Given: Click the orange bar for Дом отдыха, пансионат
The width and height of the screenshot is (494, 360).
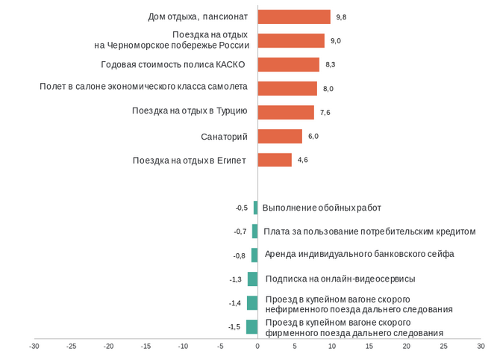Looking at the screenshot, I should [293, 17].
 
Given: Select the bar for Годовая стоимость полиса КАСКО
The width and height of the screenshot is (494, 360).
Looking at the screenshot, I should [288, 65].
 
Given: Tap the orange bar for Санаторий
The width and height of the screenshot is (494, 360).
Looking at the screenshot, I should [280, 136].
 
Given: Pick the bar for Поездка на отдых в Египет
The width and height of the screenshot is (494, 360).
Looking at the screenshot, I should [275, 160].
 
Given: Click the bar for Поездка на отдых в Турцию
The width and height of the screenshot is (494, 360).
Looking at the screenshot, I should [286, 113].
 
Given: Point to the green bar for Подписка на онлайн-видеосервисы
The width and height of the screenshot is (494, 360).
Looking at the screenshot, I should [253, 279].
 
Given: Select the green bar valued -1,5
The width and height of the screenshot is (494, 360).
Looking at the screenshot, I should [252, 327].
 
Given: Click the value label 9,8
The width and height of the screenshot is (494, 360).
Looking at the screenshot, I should [342, 17].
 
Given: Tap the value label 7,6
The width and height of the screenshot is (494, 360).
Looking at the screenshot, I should [325, 113].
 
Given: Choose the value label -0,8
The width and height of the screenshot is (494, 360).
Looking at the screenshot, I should [239, 255].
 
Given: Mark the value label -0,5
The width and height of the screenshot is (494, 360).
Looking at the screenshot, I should [241, 208].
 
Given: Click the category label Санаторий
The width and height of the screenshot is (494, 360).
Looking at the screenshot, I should [224, 137].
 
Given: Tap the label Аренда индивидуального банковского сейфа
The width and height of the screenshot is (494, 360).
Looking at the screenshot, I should [359, 254].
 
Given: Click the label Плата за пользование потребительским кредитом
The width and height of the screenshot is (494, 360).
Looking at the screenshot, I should [369, 232].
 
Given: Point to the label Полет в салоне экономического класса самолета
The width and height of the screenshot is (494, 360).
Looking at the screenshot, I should [143, 87].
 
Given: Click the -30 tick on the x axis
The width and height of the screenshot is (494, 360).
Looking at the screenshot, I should [34, 347].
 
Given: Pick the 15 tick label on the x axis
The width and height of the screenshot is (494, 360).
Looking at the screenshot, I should [369, 347].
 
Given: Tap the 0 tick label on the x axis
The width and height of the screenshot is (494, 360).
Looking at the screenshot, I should [257, 347].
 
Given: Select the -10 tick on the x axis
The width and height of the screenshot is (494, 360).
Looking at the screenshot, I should [183, 347].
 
